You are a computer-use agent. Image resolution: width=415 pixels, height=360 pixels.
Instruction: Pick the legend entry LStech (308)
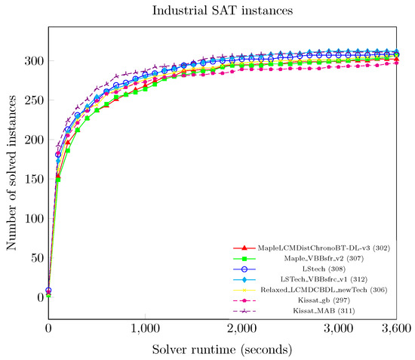[x=332, y=269]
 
